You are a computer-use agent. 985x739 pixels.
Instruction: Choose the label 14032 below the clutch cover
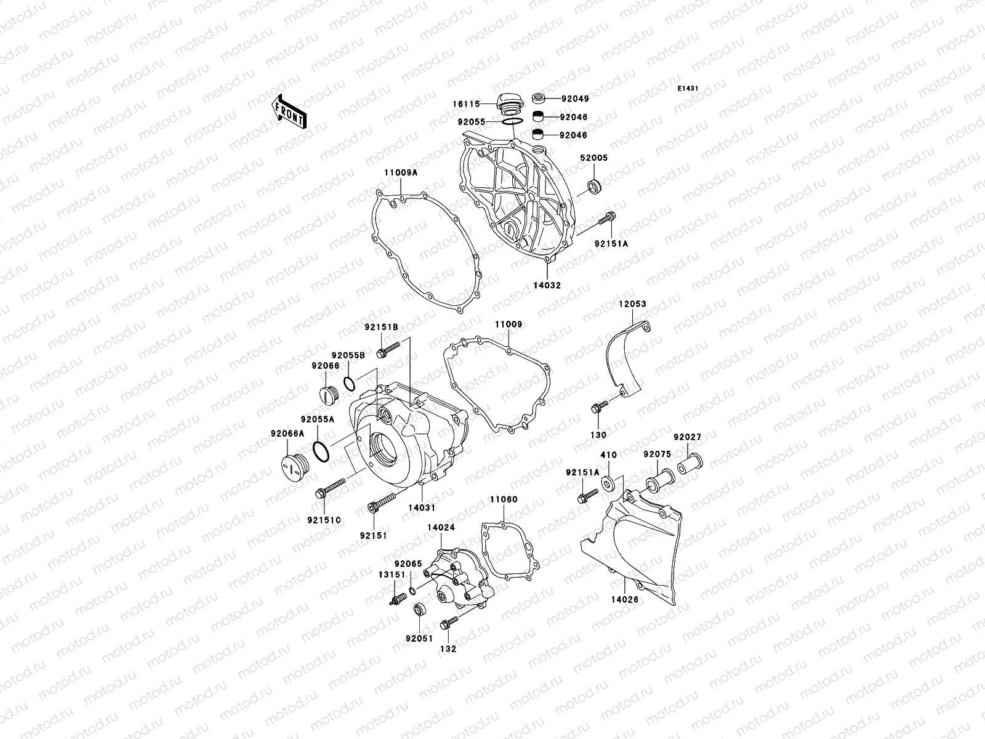click(547, 286)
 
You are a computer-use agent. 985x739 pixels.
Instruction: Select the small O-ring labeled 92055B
click(348, 384)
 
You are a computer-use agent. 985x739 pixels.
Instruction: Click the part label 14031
click(422, 508)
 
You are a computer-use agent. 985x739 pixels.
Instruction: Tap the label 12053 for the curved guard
click(633, 304)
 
